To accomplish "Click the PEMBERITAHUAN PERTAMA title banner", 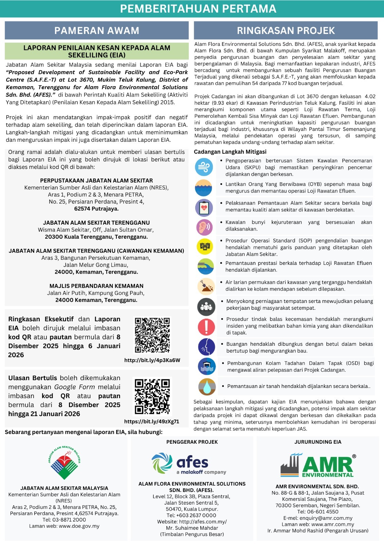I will (198, 8).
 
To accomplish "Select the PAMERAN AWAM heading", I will (97, 31).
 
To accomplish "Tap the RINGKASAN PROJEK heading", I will (286, 31).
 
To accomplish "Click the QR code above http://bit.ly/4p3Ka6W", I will (152, 335).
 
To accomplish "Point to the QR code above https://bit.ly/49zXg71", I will (152, 396).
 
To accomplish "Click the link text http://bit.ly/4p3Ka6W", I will (152, 360).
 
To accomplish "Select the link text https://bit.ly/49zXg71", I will (151, 422).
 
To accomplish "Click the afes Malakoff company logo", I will (189, 463).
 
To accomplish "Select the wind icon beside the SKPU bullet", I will (204, 167).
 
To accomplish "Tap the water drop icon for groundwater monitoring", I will (207, 387).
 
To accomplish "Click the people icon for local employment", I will (206, 306).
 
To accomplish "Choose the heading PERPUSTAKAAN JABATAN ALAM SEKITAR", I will (96, 181).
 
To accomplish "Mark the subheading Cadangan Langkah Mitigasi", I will (230, 152).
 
